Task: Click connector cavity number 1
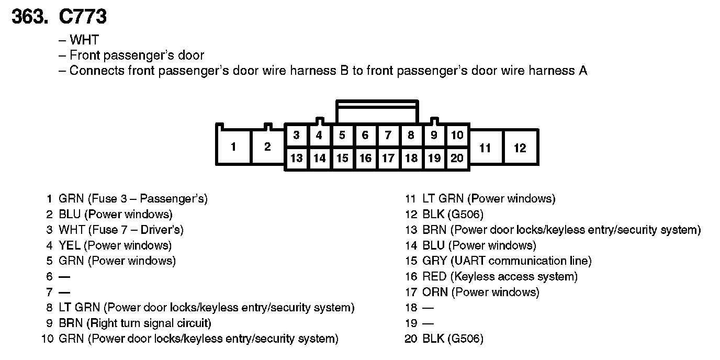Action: [233, 147]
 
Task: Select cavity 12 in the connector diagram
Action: [520, 148]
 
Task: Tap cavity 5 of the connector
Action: [342, 136]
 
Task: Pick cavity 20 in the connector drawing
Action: [457, 158]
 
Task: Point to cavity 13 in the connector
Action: [296, 158]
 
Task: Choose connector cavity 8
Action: [411, 136]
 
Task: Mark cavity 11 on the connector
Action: [485, 148]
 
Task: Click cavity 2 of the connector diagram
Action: [267, 147]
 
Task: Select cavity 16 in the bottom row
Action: [365, 158]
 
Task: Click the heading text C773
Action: [83, 17]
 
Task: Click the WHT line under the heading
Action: [84, 40]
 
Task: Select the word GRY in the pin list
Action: [435, 261]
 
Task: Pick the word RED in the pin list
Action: [434, 276]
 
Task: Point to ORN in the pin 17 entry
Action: [435, 292]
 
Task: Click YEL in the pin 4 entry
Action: [70, 245]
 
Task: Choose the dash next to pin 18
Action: [428, 308]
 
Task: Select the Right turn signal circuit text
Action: [151, 323]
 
